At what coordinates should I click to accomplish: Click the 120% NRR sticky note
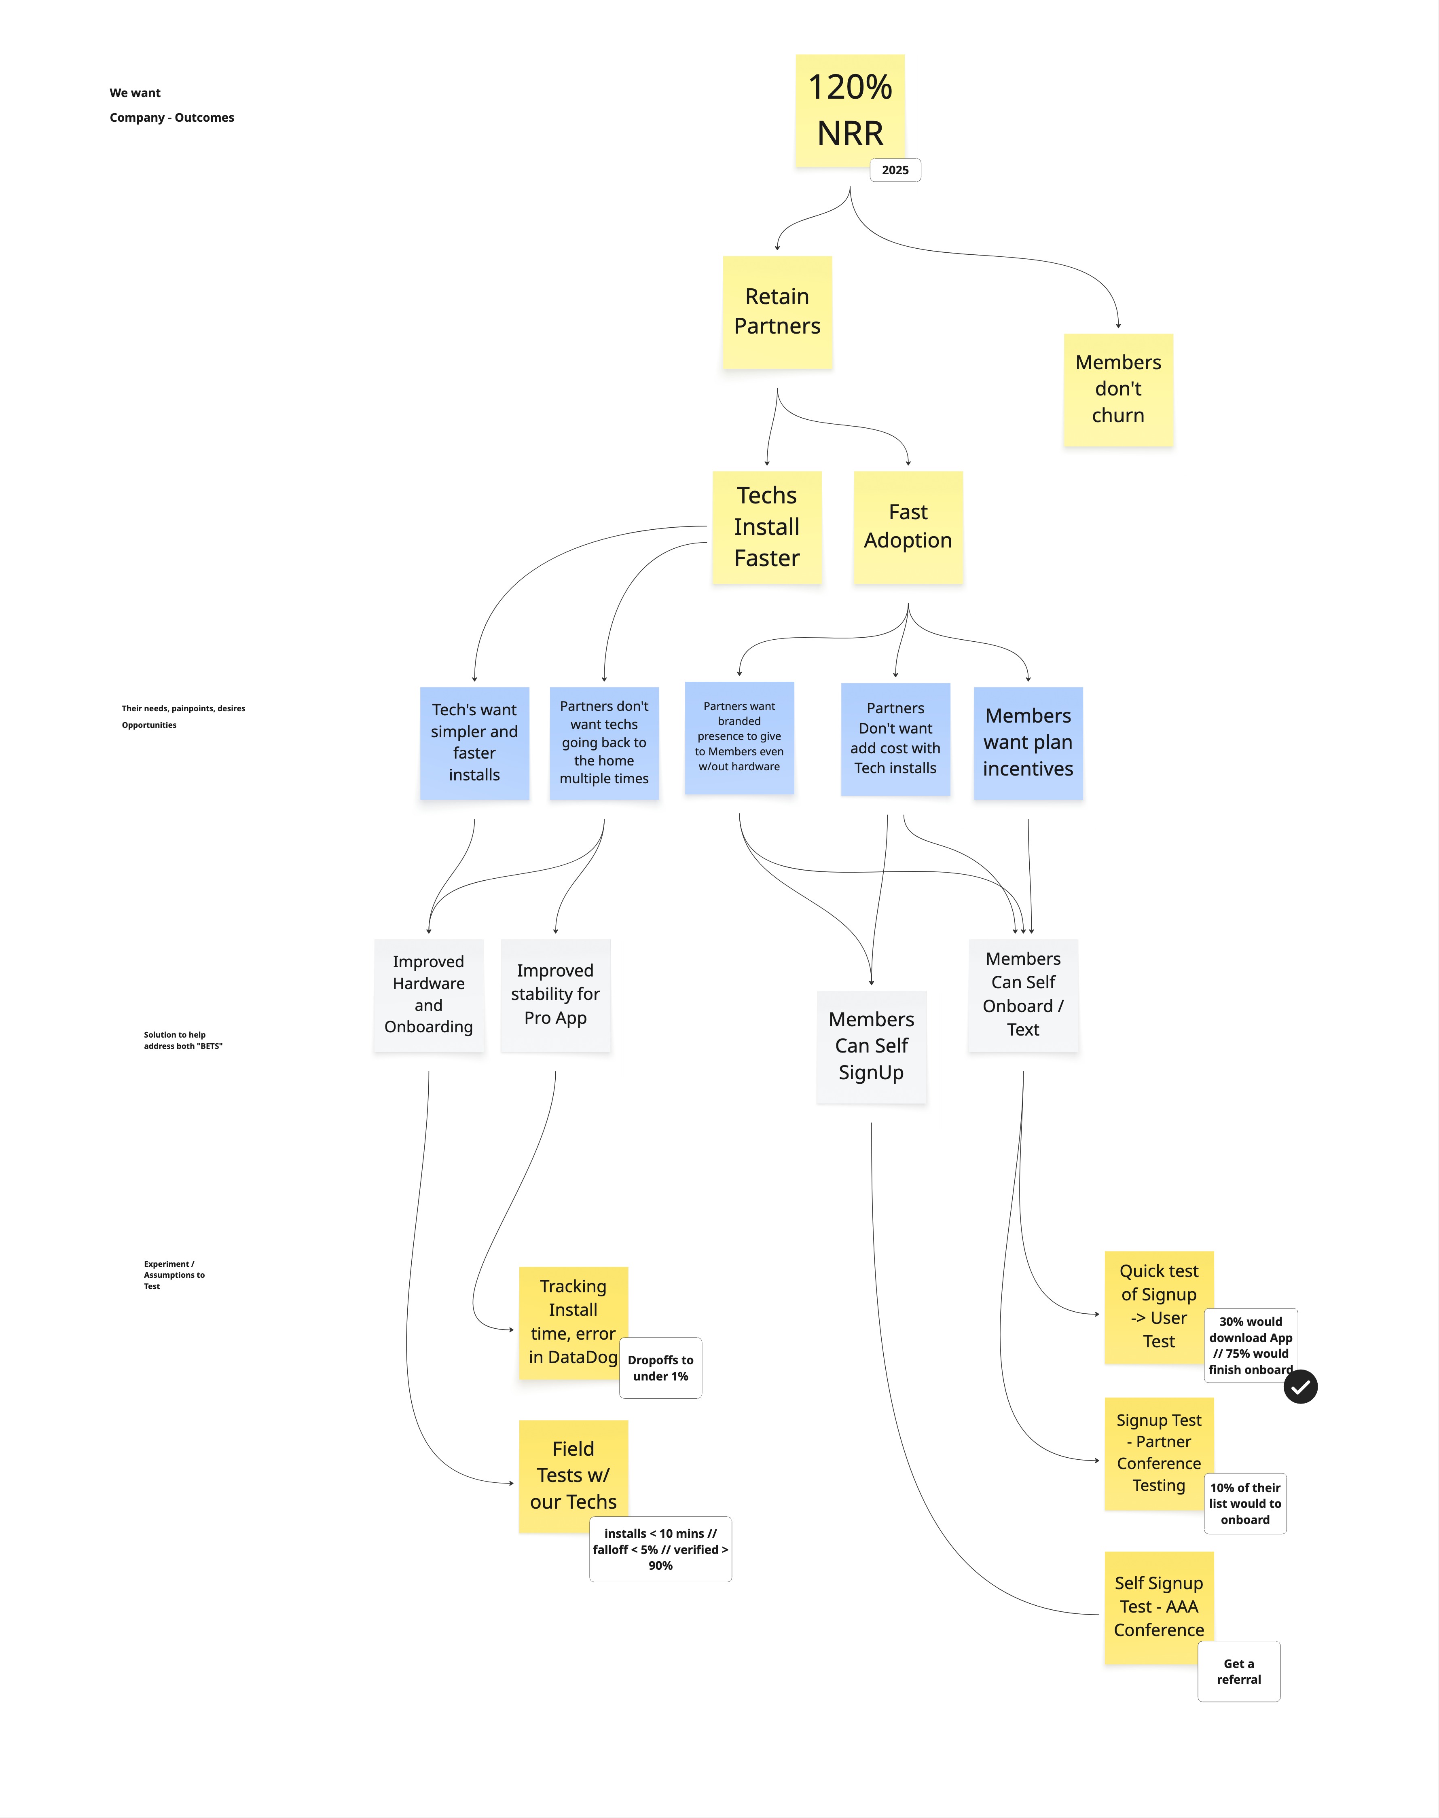[850, 110]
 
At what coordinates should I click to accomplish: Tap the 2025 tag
[895, 170]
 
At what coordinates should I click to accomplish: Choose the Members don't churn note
[1118, 389]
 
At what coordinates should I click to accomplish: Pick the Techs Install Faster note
[767, 527]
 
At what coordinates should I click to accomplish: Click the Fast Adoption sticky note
[908, 527]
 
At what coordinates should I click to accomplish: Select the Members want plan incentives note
[1028, 743]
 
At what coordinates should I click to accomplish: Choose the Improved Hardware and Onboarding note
[429, 995]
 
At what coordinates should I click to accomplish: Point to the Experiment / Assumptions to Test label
[174, 1275]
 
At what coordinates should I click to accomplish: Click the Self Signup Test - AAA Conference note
[1159, 1607]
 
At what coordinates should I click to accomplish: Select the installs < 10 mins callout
[660, 1549]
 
